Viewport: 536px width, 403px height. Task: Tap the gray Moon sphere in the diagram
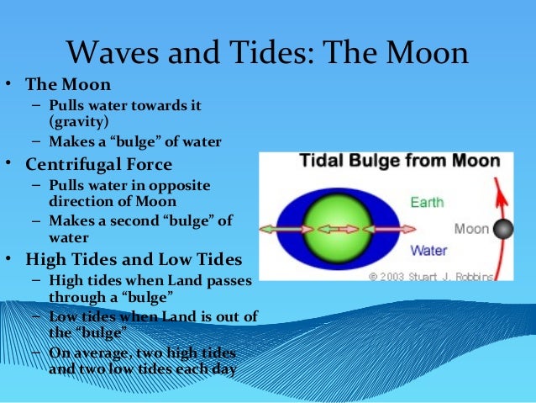click(x=503, y=228)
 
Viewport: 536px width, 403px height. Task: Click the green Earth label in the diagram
click(x=428, y=202)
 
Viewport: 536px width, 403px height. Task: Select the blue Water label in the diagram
click(x=429, y=250)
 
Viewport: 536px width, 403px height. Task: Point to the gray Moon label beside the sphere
click(x=471, y=228)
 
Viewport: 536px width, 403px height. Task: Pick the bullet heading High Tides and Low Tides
click(x=134, y=257)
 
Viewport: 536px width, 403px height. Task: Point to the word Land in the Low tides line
click(x=171, y=316)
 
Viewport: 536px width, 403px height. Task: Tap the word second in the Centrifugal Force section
click(x=139, y=221)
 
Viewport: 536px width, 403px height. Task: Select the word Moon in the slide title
click(x=422, y=54)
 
